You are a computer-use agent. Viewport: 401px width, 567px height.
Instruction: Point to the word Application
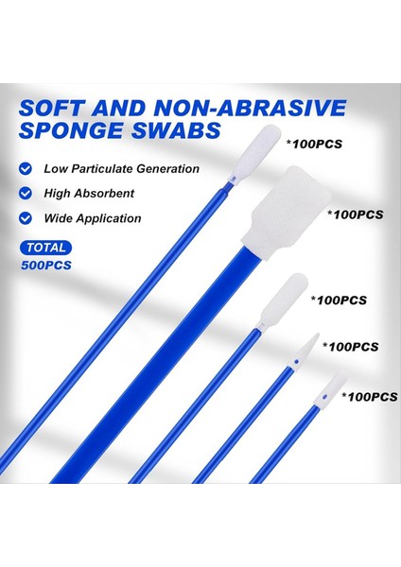[x=110, y=218]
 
